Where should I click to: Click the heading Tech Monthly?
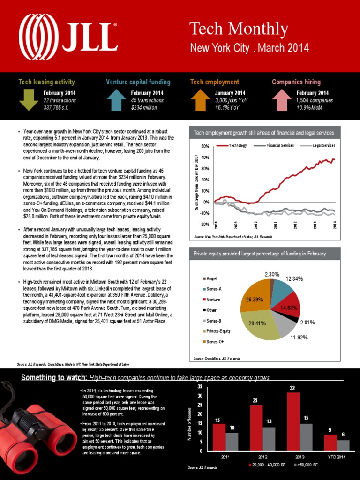click(239, 29)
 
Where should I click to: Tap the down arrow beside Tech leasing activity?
click(29, 99)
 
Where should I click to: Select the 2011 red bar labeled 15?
click(219, 437)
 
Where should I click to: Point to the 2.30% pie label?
click(272, 273)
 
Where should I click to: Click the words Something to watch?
click(54, 378)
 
